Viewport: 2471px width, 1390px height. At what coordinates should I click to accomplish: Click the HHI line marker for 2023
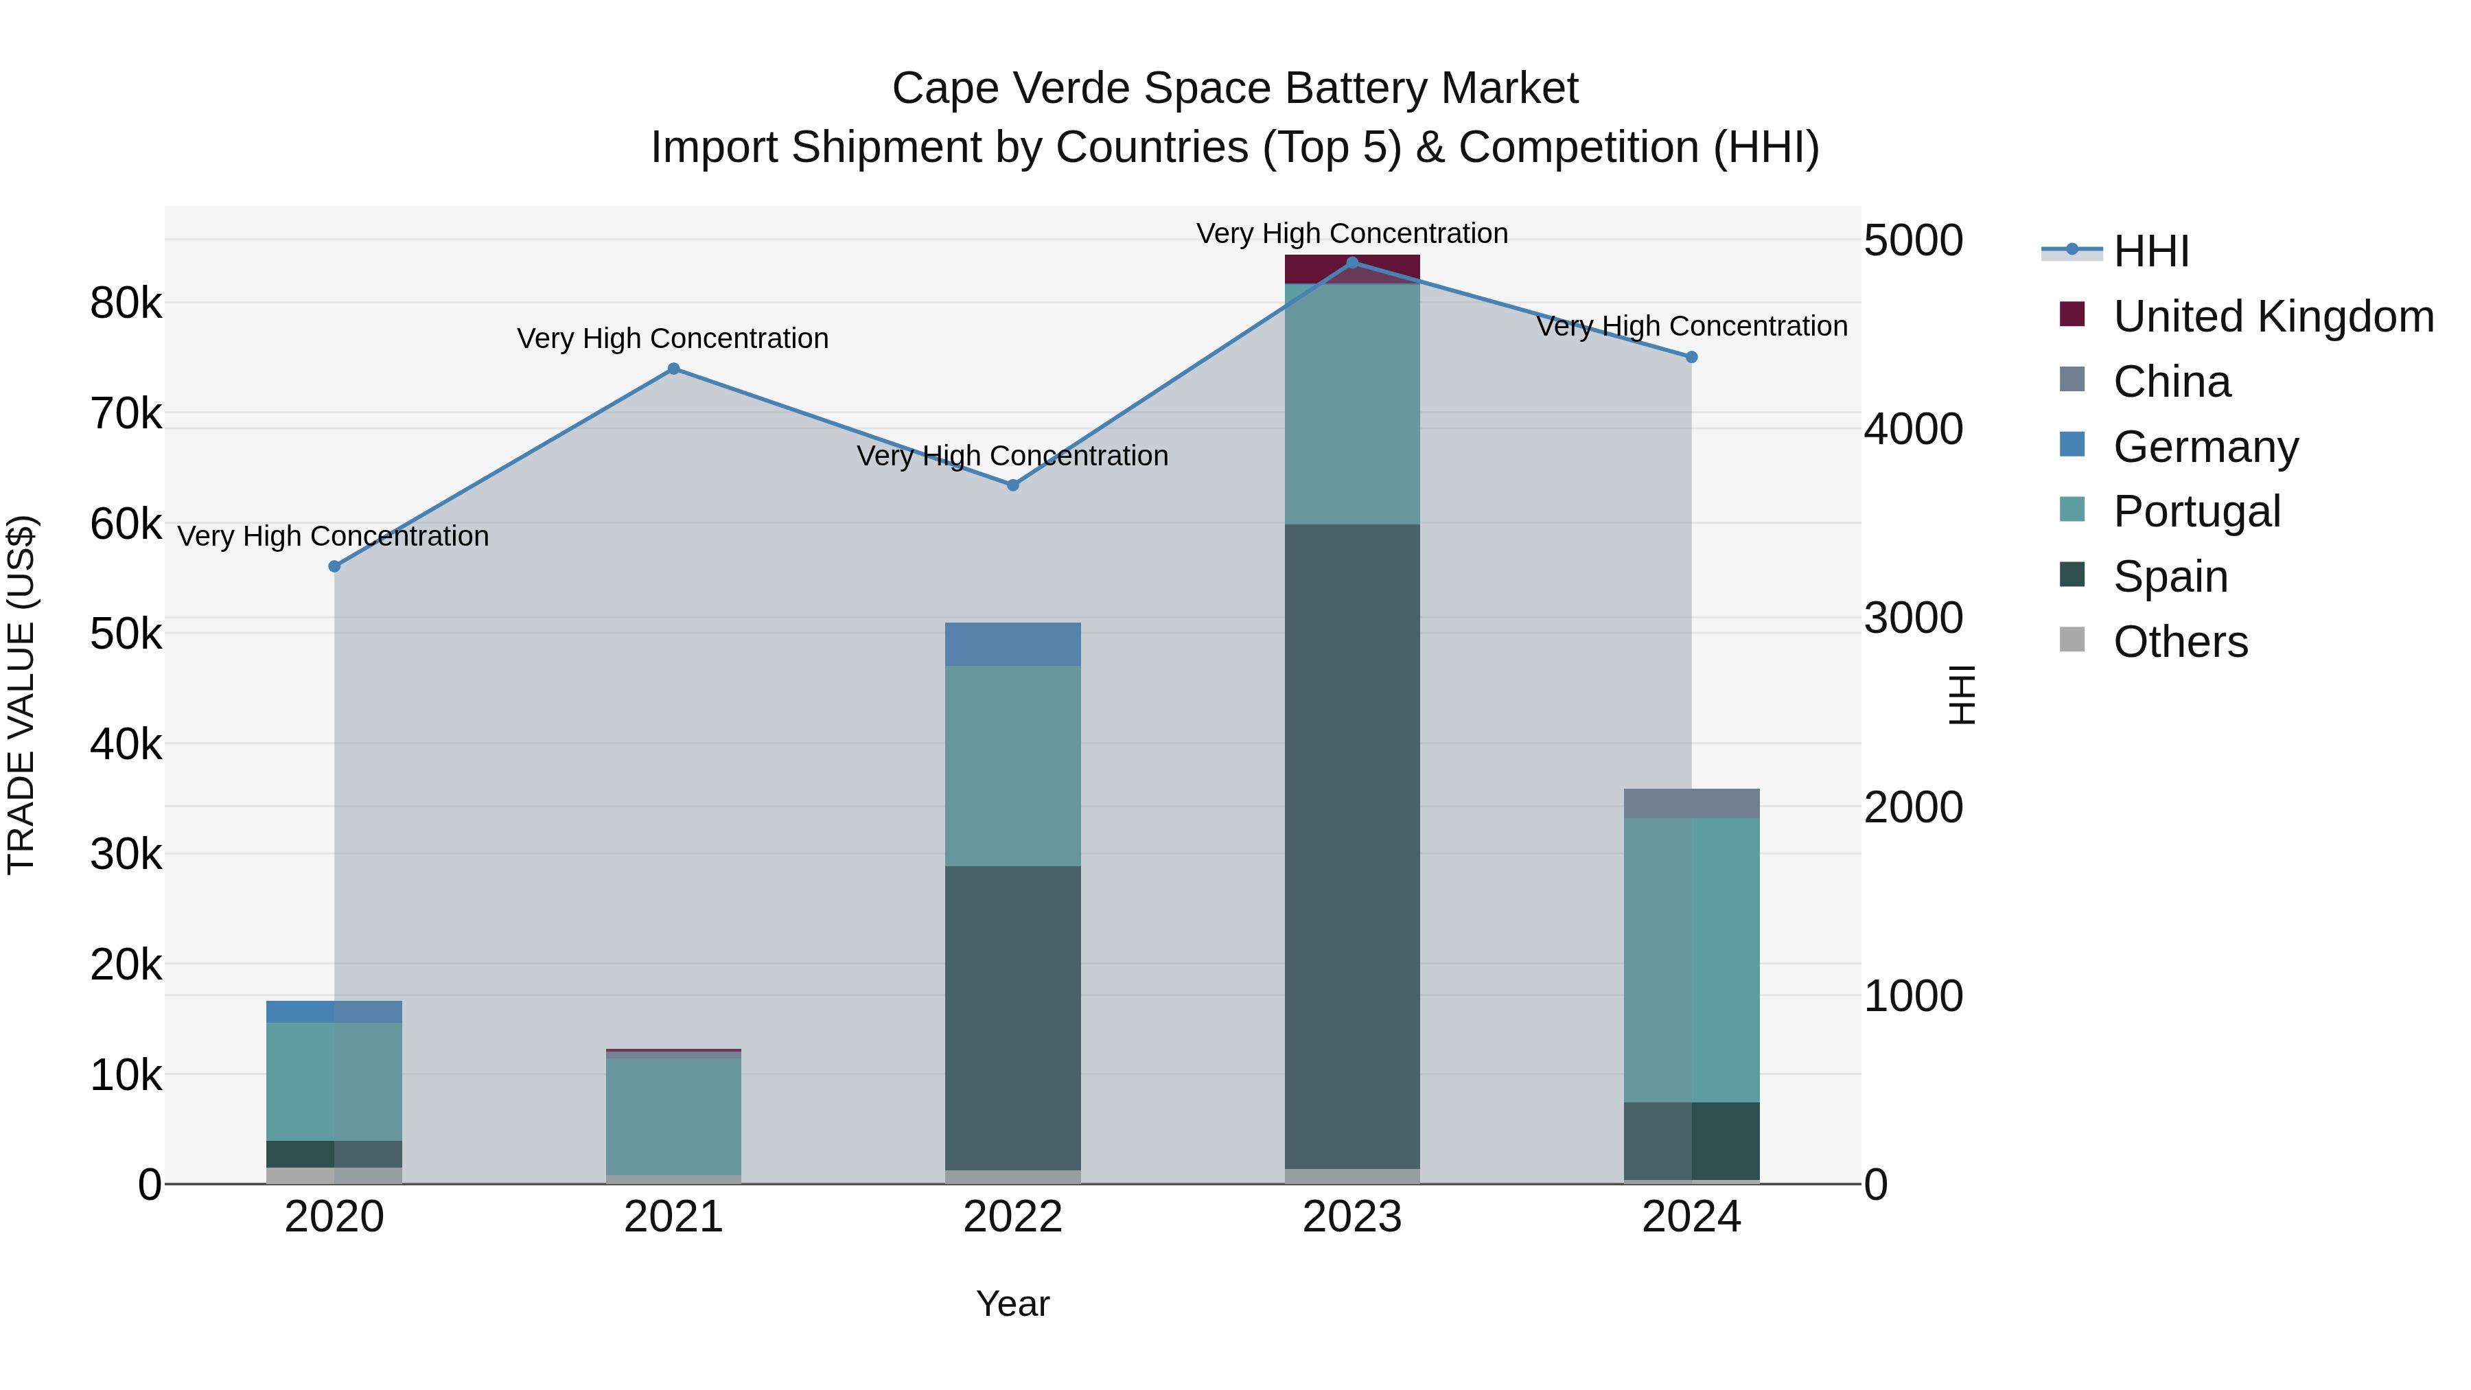[1352, 263]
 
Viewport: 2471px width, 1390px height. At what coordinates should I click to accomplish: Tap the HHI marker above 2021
[673, 369]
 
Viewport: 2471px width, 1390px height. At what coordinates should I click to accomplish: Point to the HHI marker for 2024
[1692, 357]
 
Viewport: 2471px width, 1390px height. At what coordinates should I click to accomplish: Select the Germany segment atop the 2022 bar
[1013, 645]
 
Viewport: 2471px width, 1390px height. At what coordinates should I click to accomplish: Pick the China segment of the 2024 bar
[1692, 804]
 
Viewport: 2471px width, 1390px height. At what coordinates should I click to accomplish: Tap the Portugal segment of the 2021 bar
[673, 1115]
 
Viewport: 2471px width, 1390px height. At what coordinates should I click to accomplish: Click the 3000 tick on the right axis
[1913, 618]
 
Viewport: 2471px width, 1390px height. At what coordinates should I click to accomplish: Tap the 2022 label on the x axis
[1013, 1217]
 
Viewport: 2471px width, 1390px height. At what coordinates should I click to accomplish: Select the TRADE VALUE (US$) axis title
[22, 695]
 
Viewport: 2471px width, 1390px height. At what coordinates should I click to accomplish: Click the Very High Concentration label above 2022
[1013, 456]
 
